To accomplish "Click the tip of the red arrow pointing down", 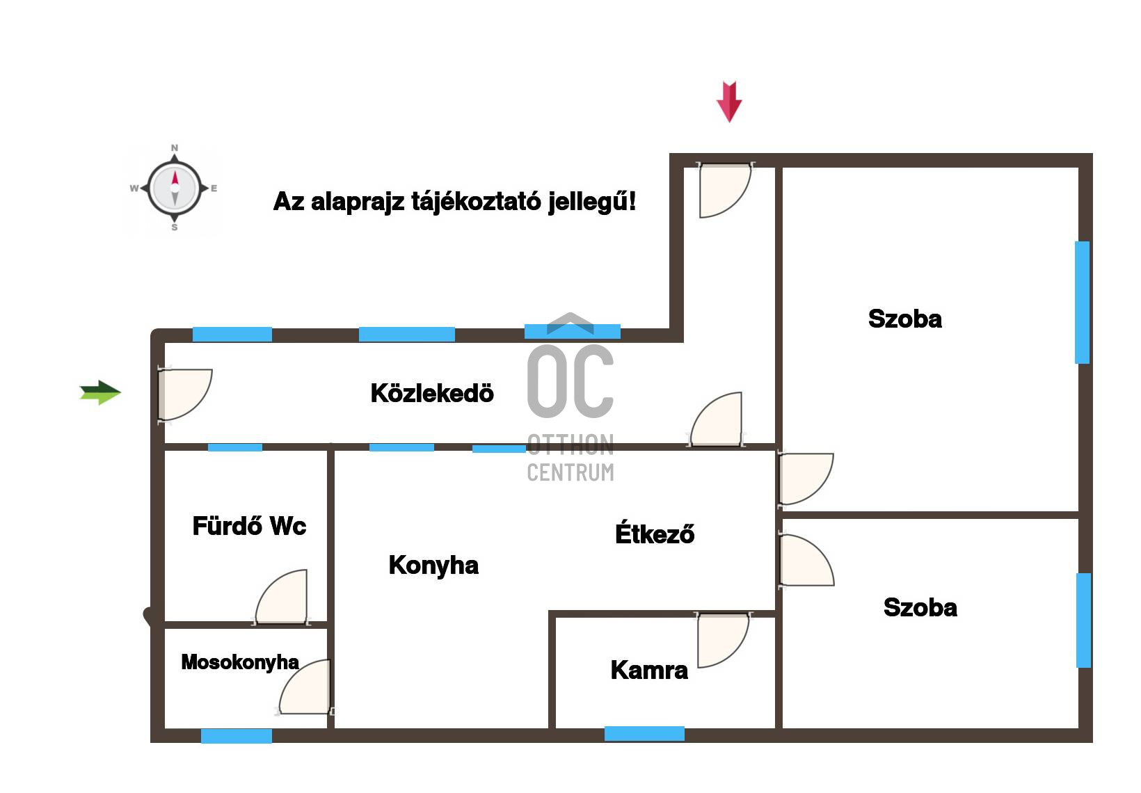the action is [x=729, y=122].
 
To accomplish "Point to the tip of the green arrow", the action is [x=121, y=393].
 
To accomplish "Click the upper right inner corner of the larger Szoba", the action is [x=1078, y=168].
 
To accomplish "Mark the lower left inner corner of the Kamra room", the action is [x=556, y=728].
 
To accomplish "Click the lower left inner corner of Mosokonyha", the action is [x=165, y=728].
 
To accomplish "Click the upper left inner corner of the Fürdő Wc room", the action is [x=165, y=451].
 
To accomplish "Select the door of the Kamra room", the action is [x=724, y=641].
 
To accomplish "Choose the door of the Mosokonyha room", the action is [x=304, y=687].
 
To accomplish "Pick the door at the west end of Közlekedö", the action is [x=185, y=394].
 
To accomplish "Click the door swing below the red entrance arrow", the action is [x=726, y=190].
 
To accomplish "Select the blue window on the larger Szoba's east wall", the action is [x=1083, y=303].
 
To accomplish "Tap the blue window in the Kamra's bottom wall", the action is [x=644, y=733].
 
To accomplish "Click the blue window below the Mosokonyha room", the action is [x=237, y=736].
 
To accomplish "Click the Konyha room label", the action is [x=433, y=566].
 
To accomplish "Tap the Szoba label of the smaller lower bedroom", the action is [x=920, y=607].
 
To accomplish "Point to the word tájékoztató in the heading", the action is [x=477, y=202].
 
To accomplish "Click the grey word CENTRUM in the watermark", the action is [x=570, y=472].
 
